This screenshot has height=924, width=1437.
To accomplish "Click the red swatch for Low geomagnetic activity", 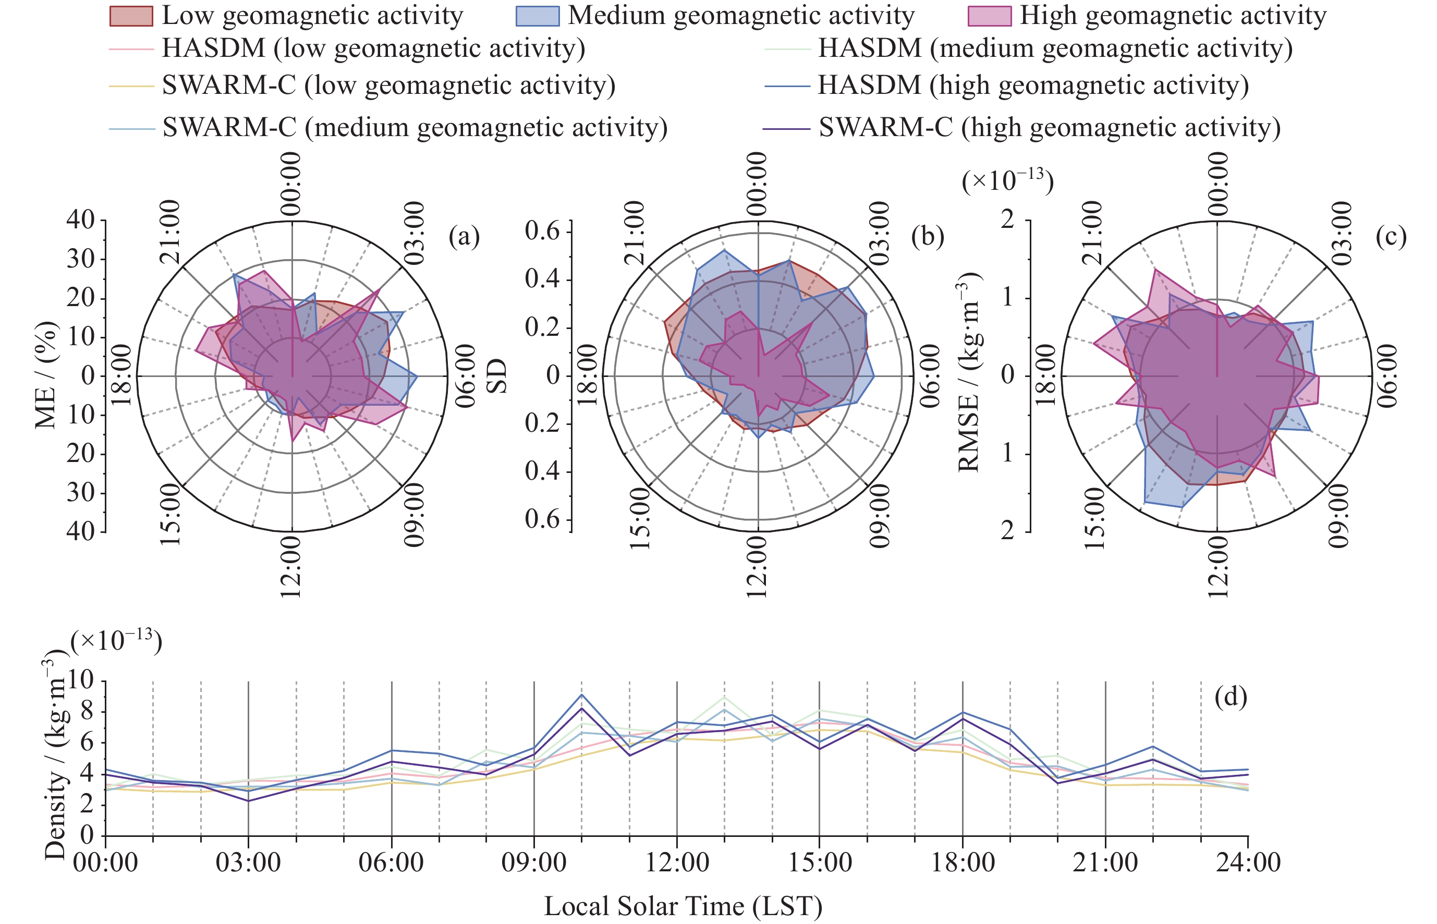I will tap(131, 16).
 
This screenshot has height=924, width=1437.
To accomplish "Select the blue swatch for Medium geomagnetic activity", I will tap(537, 16).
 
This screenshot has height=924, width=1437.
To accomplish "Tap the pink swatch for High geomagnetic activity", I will tap(990, 16).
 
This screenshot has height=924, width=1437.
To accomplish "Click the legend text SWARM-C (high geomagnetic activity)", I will tap(1050, 127).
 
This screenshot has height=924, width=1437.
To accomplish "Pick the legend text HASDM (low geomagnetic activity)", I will tap(373, 48).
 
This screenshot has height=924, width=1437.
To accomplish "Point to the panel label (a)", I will tap(464, 237).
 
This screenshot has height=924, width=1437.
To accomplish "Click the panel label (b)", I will tap(928, 237).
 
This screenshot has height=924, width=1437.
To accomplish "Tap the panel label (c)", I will tap(1391, 237).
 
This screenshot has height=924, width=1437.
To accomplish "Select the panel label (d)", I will tap(1231, 697).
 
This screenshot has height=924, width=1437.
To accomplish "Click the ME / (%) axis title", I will tap(47, 375).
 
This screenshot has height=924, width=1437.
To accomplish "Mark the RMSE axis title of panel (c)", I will tap(968, 372).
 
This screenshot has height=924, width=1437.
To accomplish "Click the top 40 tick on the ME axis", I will tap(80, 220).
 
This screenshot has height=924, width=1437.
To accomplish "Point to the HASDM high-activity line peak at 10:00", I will tap(581, 695).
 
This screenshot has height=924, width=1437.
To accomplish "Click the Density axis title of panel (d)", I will tap(55, 759).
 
